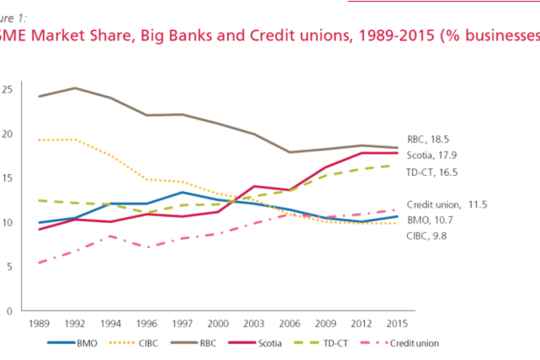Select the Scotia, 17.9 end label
point(432,156)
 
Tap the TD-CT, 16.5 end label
point(432,172)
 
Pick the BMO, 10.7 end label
point(429,220)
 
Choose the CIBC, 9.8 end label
point(427,236)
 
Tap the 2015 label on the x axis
point(397,323)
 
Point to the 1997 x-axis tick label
point(182,323)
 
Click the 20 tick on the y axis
point(7,134)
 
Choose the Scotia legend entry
point(270,343)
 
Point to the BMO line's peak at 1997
point(182,192)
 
